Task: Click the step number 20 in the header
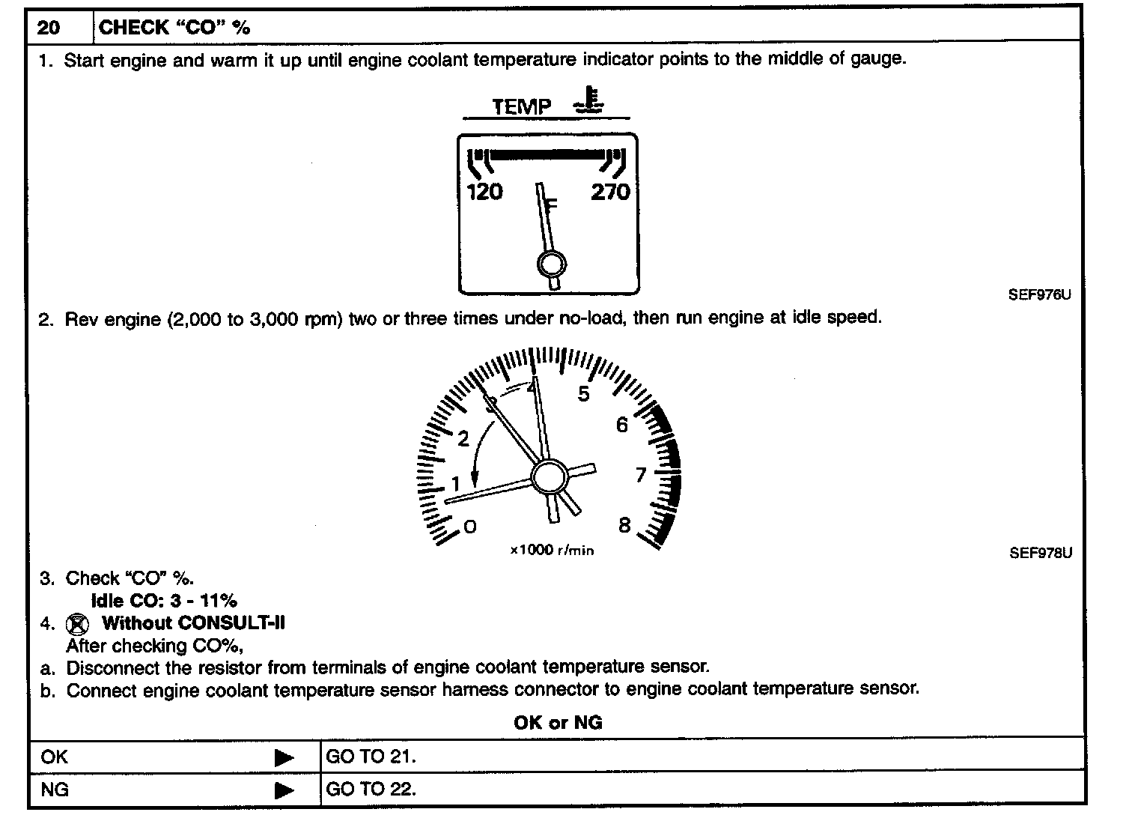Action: coord(49,28)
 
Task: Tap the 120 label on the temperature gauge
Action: coord(484,193)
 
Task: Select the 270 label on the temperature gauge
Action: coord(610,193)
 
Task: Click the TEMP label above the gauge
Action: coord(521,106)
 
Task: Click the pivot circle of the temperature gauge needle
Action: coord(552,264)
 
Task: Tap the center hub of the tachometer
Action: coord(550,475)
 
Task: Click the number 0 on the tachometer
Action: coord(469,527)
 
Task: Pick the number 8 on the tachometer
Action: coord(624,525)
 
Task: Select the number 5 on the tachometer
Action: coord(583,394)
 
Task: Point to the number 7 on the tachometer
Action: coord(640,475)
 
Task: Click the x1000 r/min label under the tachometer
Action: coord(552,551)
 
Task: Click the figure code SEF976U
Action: coord(1039,294)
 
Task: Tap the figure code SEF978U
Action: coord(1040,554)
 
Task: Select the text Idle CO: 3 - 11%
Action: coord(164,600)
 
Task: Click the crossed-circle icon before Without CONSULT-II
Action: coord(77,624)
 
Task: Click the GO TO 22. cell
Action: coord(371,789)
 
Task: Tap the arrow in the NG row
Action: coord(284,790)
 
